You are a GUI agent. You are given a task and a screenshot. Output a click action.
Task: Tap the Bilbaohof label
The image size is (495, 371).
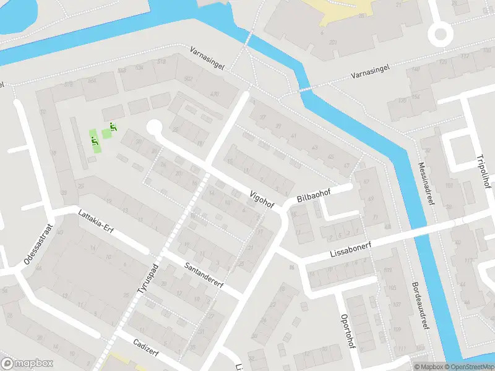point(314,195)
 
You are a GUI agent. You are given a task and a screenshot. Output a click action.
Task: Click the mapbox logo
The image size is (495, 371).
point(27,364)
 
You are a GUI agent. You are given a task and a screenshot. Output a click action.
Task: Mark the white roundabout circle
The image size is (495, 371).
point(441,34)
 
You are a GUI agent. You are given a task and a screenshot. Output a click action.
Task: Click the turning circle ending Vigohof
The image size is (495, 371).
point(153,128)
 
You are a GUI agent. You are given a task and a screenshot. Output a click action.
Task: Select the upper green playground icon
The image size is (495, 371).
point(113,126)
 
